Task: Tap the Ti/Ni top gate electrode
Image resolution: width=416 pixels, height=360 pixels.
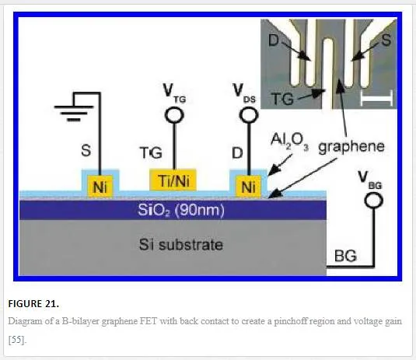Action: click(x=173, y=180)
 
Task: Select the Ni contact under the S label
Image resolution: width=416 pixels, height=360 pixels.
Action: click(x=100, y=187)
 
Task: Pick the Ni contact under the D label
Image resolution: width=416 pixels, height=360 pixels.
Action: click(x=248, y=187)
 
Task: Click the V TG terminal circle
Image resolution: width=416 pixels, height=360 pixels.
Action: click(x=174, y=115)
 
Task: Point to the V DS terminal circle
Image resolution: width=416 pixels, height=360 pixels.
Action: click(x=249, y=115)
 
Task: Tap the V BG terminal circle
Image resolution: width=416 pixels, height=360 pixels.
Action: click(x=373, y=201)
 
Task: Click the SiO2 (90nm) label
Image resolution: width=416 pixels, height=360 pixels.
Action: click(x=181, y=210)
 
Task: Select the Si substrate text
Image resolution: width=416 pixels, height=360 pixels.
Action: click(x=181, y=244)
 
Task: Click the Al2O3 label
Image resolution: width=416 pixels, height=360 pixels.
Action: click(x=289, y=142)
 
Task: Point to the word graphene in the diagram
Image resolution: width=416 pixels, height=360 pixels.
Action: click(x=351, y=147)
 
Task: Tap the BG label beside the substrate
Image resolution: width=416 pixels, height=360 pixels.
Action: click(x=345, y=256)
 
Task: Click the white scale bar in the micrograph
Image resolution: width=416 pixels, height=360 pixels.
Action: click(x=376, y=98)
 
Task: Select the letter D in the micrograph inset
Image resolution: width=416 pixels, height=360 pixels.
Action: click(x=274, y=40)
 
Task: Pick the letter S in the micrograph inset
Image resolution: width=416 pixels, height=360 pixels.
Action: click(x=386, y=40)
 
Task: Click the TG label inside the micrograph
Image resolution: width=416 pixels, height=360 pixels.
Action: click(x=282, y=99)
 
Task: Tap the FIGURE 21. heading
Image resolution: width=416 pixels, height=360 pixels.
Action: click(x=33, y=303)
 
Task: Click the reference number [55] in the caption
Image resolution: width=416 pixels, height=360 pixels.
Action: click(x=17, y=340)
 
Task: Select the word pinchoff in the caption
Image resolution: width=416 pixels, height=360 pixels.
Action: click(x=291, y=321)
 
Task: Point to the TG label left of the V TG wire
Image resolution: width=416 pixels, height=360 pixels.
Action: click(x=151, y=153)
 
